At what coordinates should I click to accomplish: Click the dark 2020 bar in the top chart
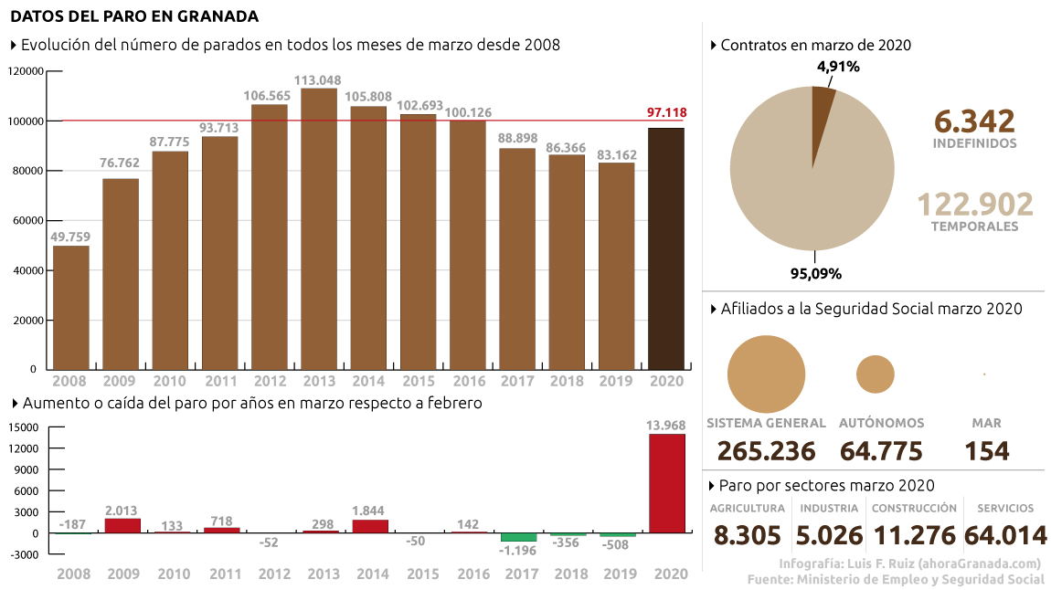[665, 248]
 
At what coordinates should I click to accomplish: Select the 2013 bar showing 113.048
[319, 228]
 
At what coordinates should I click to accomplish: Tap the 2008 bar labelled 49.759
[71, 307]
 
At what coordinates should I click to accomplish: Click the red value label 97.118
[666, 112]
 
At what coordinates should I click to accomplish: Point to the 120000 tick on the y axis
[26, 71]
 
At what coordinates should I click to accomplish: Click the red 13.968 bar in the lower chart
[666, 482]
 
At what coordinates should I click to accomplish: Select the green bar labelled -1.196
[518, 536]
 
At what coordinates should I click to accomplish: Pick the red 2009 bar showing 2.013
[122, 524]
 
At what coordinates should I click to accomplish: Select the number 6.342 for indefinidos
[974, 121]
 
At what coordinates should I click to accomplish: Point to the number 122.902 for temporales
[974, 205]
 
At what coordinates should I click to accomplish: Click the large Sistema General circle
[766, 374]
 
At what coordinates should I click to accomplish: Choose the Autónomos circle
[875, 374]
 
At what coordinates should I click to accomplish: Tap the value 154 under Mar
[986, 451]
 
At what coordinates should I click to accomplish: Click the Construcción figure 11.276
[914, 535]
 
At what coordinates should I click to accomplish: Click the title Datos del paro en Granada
[134, 16]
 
